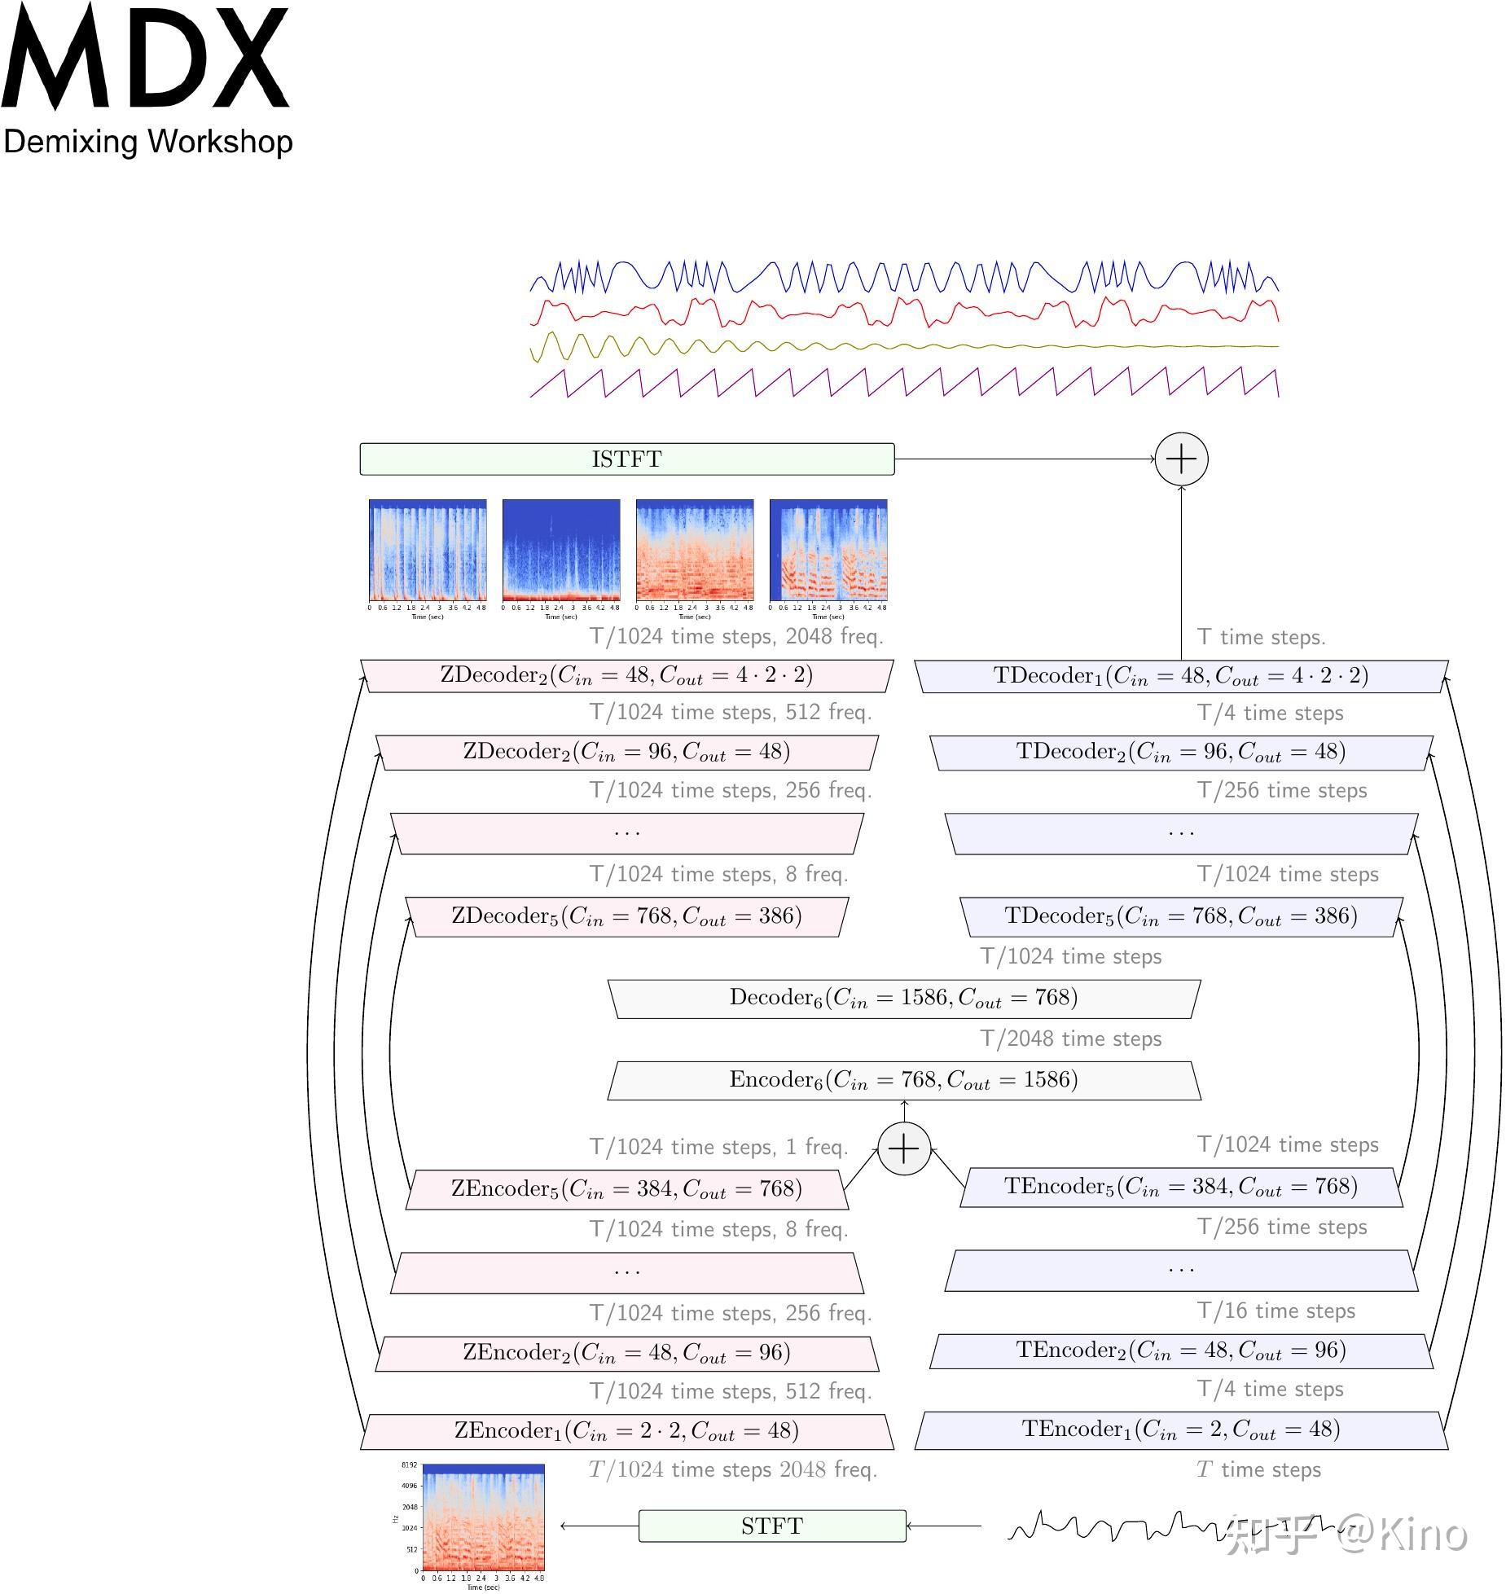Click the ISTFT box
(x=626, y=459)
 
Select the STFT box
(x=771, y=1525)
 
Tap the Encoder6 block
(x=903, y=1080)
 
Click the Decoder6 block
(x=903, y=998)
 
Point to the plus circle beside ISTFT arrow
(x=1181, y=459)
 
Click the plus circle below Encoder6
(x=903, y=1148)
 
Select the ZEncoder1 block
(x=626, y=1431)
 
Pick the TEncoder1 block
(x=1181, y=1429)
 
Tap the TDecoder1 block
(x=1181, y=676)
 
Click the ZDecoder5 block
(x=626, y=916)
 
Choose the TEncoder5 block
(x=1181, y=1187)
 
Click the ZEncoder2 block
(x=626, y=1353)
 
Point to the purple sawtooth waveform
(x=903, y=383)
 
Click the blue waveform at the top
(x=903, y=277)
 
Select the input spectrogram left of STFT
(x=483, y=1517)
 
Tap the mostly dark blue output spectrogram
(x=561, y=550)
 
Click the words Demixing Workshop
(x=147, y=142)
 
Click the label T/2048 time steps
(x=1070, y=1039)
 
